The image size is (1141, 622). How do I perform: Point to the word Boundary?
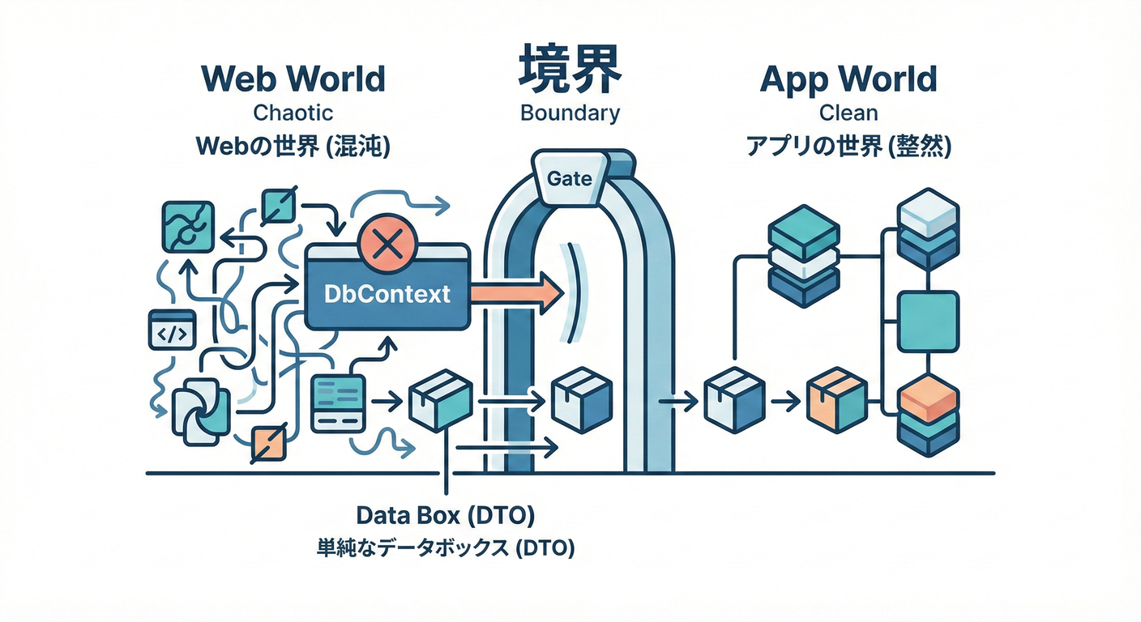(x=570, y=112)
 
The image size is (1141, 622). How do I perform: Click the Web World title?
(x=293, y=79)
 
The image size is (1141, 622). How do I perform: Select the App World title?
(x=848, y=79)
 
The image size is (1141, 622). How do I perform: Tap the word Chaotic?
(x=293, y=112)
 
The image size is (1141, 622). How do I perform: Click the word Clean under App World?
(x=848, y=112)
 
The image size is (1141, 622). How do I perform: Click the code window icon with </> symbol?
(x=173, y=331)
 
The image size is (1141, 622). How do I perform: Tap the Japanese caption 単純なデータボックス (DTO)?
(x=445, y=547)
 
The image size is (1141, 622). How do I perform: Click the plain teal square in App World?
(x=929, y=321)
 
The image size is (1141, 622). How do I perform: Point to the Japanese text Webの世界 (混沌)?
(x=293, y=148)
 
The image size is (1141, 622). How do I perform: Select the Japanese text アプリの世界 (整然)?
(x=848, y=148)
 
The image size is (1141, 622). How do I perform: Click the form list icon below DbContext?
(x=335, y=402)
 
